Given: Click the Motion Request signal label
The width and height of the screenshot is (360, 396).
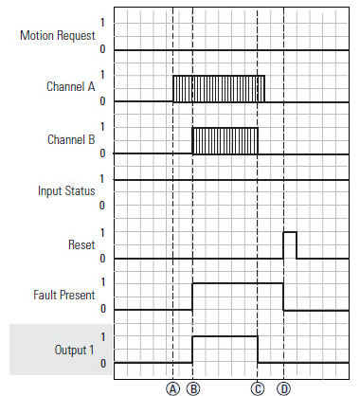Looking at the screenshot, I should (x=57, y=36).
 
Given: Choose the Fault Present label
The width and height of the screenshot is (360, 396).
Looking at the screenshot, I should (x=63, y=297).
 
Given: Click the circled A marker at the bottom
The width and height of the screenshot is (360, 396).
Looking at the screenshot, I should (x=172, y=387).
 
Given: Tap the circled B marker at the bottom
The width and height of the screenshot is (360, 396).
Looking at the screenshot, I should (x=192, y=387).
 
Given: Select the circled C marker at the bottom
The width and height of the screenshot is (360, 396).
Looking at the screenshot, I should (x=258, y=387).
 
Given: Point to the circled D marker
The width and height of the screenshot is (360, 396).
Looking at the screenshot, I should (x=284, y=387).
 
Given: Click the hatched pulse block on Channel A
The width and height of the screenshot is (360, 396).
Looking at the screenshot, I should (x=218, y=88).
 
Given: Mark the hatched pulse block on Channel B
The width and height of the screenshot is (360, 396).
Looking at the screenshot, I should (x=225, y=140).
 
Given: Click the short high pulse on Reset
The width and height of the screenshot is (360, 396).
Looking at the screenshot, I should (x=290, y=243).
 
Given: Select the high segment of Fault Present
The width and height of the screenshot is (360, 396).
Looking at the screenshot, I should (x=237, y=282).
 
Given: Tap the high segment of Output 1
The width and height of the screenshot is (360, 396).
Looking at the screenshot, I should (x=225, y=335).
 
